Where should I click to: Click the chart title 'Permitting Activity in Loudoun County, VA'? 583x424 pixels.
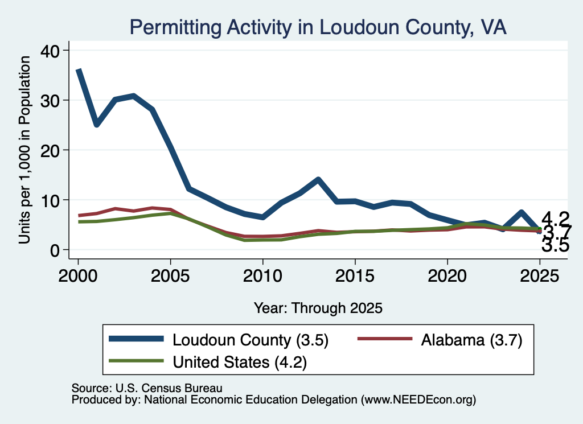point(318,27)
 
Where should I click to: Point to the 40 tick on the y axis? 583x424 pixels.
point(50,51)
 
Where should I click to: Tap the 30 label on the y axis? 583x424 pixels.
point(50,101)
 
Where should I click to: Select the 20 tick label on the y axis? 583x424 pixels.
point(50,150)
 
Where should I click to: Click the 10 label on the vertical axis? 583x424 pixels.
point(50,201)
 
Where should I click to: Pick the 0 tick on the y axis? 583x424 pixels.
point(55,250)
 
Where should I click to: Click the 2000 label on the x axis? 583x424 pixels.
point(78,276)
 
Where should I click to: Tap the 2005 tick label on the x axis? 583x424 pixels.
point(170,276)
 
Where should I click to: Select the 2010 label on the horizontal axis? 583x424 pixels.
point(263,276)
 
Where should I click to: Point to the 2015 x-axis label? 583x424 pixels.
point(355,276)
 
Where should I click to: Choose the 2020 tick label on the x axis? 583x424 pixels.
point(447,276)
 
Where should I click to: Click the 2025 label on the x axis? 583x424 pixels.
point(540,276)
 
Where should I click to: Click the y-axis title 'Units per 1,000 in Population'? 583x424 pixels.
point(24,150)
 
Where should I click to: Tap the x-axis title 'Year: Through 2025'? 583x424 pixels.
point(318,308)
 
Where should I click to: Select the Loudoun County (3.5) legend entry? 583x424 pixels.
point(219,340)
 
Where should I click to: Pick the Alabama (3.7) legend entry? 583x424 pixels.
point(440,340)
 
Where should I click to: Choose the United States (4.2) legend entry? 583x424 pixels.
point(208,362)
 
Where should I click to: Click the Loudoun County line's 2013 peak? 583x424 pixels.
point(318,179)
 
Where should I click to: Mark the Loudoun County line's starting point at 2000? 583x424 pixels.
point(79,70)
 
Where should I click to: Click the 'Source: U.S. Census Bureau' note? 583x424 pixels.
point(147,388)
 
